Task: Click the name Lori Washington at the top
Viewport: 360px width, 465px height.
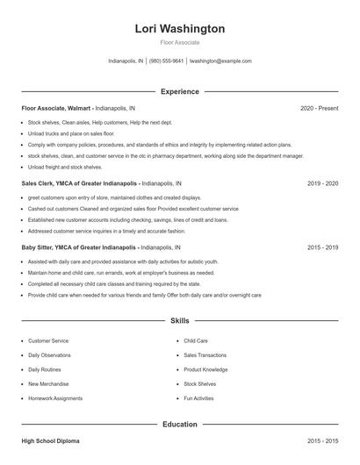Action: [x=180, y=28]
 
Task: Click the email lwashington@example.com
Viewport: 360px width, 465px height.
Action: [x=220, y=61]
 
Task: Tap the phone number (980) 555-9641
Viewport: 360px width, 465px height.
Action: [x=167, y=61]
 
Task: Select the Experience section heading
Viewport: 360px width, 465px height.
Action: [x=180, y=91]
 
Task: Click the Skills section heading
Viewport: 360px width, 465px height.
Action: [x=180, y=322]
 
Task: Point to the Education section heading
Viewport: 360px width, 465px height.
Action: [x=180, y=425]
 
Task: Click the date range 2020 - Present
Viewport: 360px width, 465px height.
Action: [x=319, y=108]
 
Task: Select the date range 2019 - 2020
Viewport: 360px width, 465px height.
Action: [x=322, y=184]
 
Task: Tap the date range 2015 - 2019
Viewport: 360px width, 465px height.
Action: [x=322, y=248]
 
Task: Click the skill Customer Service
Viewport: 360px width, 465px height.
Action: [x=48, y=340]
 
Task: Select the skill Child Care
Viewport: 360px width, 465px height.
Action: [x=196, y=340]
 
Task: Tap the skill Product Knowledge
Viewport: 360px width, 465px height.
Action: [x=205, y=369]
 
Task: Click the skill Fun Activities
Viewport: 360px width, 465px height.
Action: [x=198, y=398]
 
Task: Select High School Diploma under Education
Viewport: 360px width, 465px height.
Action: [x=52, y=440]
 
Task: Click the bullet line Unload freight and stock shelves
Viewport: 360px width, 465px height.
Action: [x=65, y=167]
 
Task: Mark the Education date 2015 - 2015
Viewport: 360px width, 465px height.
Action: [x=322, y=440]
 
